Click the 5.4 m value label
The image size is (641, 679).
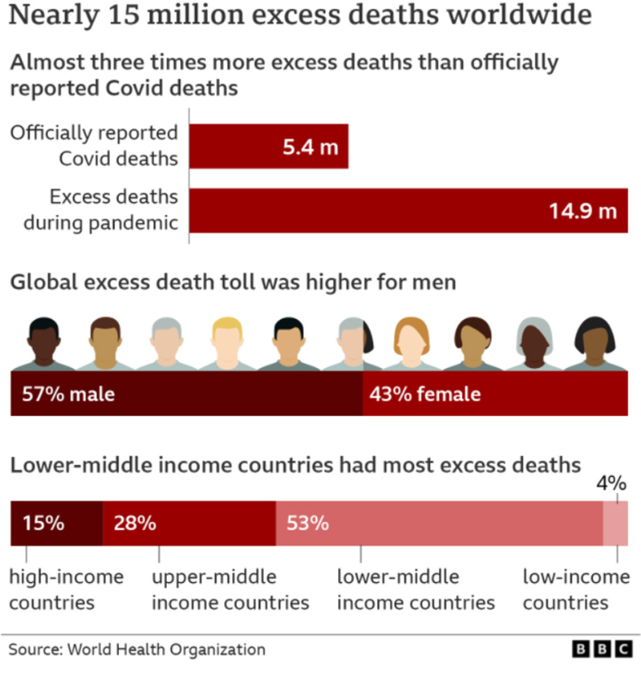[x=309, y=147]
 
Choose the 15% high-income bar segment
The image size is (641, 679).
[x=56, y=523]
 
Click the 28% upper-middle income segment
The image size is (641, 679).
[x=189, y=523]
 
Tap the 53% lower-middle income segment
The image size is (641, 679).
[x=438, y=523]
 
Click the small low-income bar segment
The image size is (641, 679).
[x=615, y=523]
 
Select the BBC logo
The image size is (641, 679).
[x=602, y=650]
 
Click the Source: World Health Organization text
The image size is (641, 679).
[x=137, y=649]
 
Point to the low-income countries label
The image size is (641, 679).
[x=576, y=589]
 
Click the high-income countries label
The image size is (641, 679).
[x=65, y=589]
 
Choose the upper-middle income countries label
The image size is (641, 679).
[x=231, y=589]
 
